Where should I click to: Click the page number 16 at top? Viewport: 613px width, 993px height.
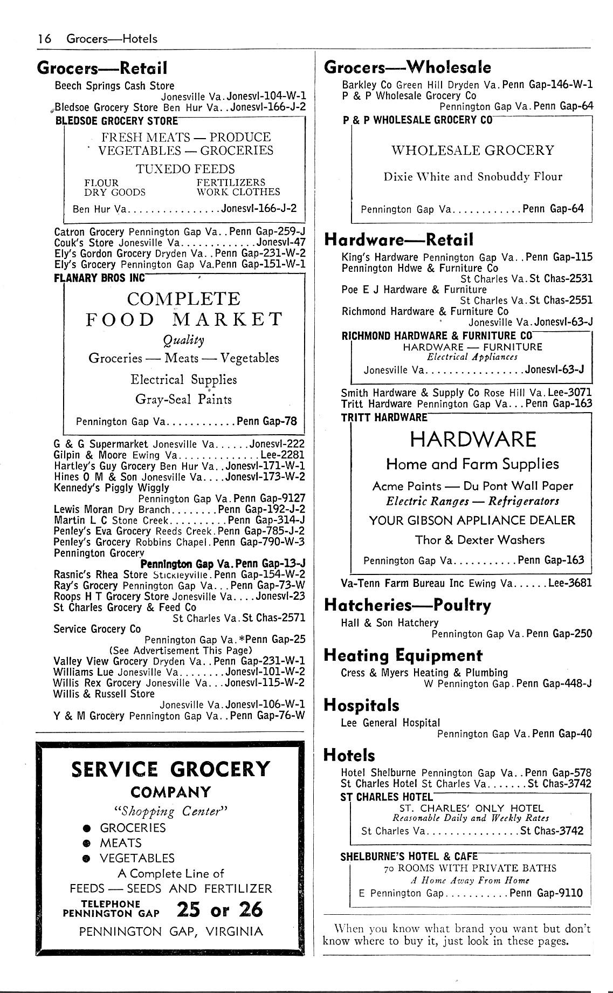(x=44, y=39)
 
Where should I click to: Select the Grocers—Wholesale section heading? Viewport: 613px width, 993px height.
(x=407, y=67)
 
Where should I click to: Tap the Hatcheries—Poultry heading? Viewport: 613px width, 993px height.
(x=407, y=605)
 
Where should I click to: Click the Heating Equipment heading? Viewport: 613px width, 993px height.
(x=403, y=655)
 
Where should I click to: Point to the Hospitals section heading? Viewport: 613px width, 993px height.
(x=361, y=705)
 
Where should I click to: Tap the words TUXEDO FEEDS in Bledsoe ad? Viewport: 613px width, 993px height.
(x=185, y=169)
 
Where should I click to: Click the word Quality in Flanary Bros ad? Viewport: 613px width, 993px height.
(x=183, y=340)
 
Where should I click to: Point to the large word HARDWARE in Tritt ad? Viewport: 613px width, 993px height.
(x=473, y=440)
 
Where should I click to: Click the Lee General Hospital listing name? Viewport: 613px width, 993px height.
(x=390, y=723)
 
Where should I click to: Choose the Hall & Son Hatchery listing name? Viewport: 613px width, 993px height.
(x=389, y=623)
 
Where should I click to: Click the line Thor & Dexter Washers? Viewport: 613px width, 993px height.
(x=479, y=540)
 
